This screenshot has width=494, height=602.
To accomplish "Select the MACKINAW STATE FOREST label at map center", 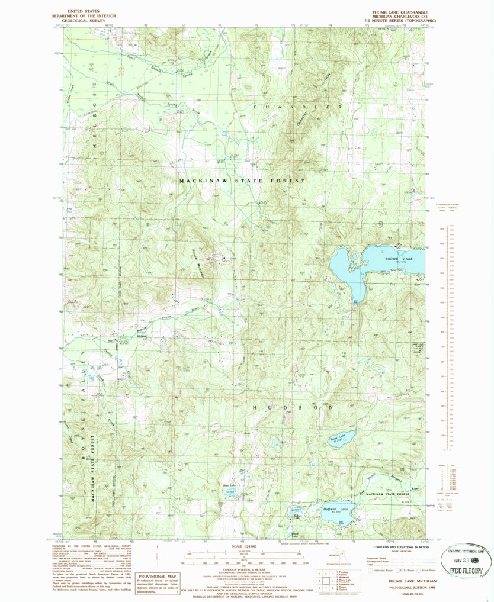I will point(243,180).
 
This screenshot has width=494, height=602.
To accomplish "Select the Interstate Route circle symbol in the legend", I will point(371,571).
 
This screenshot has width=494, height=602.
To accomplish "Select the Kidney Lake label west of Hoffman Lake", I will point(299,516).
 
